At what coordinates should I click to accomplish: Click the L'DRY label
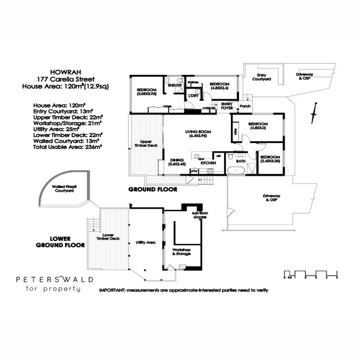click(x=193, y=96)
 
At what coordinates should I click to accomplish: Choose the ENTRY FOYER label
click(x=227, y=106)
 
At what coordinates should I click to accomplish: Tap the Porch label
click(x=245, y=106)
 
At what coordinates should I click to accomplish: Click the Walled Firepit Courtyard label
click(x=64, y=189)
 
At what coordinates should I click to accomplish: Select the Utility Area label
click(x=145, y=242)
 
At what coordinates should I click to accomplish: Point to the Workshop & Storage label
click(x=181, y=252)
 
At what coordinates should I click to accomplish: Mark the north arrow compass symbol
click(x=314, y=113)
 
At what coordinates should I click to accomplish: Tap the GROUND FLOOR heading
click(x=153, y=189)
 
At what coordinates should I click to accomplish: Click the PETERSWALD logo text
click(x=55, y=280)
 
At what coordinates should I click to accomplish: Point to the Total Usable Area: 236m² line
click(x=68, y=147)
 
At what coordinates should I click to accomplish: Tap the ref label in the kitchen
click(x=218, y=156)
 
